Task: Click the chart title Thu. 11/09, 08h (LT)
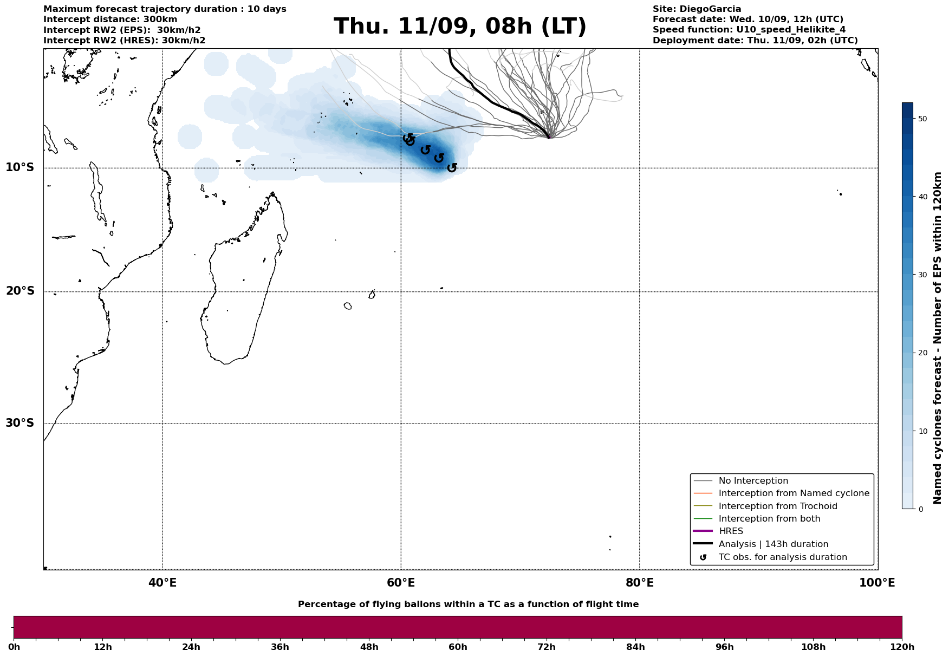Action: [460, 27]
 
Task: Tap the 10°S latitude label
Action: [20, 167]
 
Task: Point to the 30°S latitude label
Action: [20, 422]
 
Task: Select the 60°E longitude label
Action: [401, 583]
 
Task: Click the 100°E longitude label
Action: [877, 583]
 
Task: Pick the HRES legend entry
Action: [731, 531]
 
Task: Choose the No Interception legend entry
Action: [753, 481]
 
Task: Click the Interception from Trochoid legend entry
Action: [777, 506]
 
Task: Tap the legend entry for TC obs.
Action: [782, 557]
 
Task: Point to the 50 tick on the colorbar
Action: [923, 119]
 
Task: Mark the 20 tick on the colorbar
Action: [923, 353]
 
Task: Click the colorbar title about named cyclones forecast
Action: [938, 338]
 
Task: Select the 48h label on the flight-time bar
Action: [369, 647]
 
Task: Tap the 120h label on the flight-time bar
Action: [902, 647]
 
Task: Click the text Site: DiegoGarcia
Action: [697, 9]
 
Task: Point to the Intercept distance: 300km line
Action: [110, 19]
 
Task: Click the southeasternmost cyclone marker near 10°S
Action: [452, 168]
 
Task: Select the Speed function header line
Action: [749, 30]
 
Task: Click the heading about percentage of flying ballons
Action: [468, 604]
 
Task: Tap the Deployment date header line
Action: [755, 41]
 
